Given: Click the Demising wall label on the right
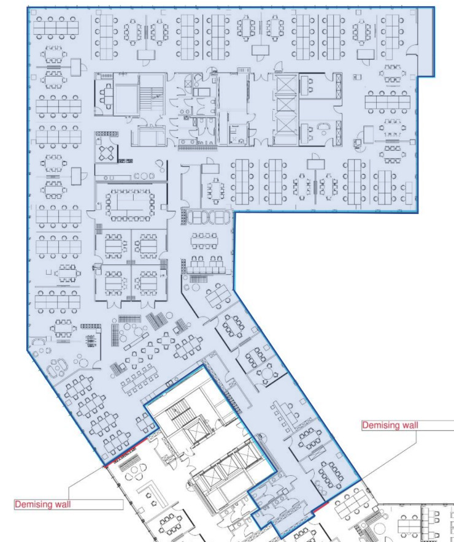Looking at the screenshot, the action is coord(390,425).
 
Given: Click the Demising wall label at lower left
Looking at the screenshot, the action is coord(42,505).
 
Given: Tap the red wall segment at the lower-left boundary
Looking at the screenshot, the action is coord(126,452).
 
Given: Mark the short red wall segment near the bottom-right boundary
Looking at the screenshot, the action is coord(320,507).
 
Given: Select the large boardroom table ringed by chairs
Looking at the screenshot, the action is coord(130,205).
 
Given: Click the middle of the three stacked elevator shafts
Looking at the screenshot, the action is coord(286,107).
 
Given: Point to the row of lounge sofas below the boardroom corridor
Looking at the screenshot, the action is coord(208,218).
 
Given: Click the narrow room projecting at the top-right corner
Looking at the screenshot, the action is coord(426,42).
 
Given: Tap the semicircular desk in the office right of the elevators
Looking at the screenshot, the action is coord(325,127).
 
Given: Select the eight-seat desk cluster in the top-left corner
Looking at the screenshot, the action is coord(56,28).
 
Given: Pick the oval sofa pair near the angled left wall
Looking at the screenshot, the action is coord(58,368).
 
